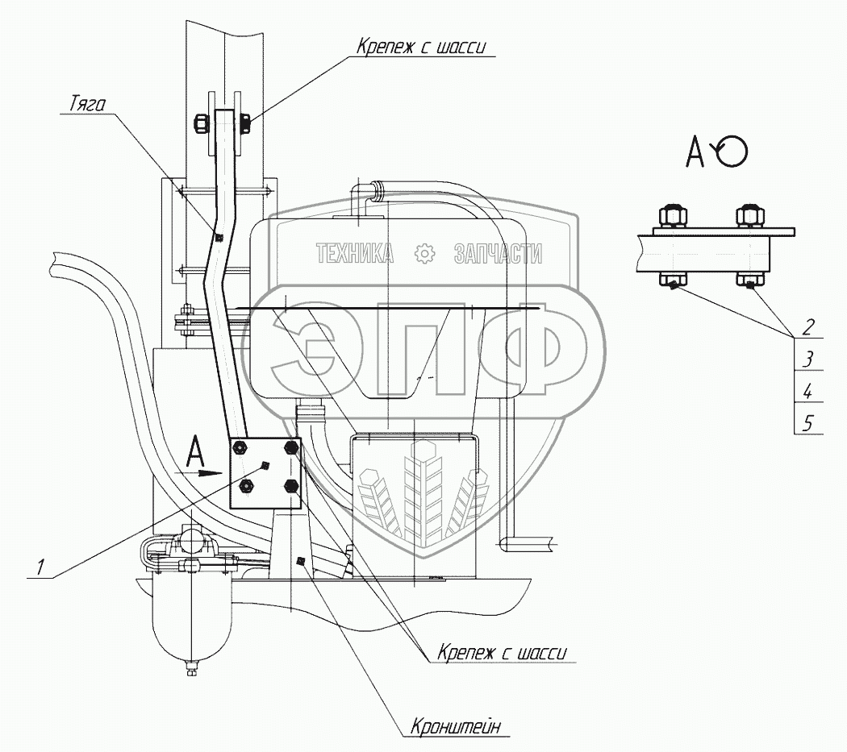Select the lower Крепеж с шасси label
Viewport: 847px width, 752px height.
pos(503,652)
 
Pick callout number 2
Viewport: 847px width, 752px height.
pos(807,327)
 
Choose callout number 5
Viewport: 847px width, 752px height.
pos(808,422)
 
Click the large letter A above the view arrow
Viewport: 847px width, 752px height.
pos(196,451)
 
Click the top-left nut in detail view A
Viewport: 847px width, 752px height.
pos(671,217)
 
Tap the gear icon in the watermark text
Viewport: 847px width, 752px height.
pos(423,255)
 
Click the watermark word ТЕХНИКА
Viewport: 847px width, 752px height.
pos(355,255)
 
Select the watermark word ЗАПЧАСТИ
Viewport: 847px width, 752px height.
pos(498,255)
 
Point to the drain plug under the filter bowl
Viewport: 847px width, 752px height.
pos(191,668)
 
